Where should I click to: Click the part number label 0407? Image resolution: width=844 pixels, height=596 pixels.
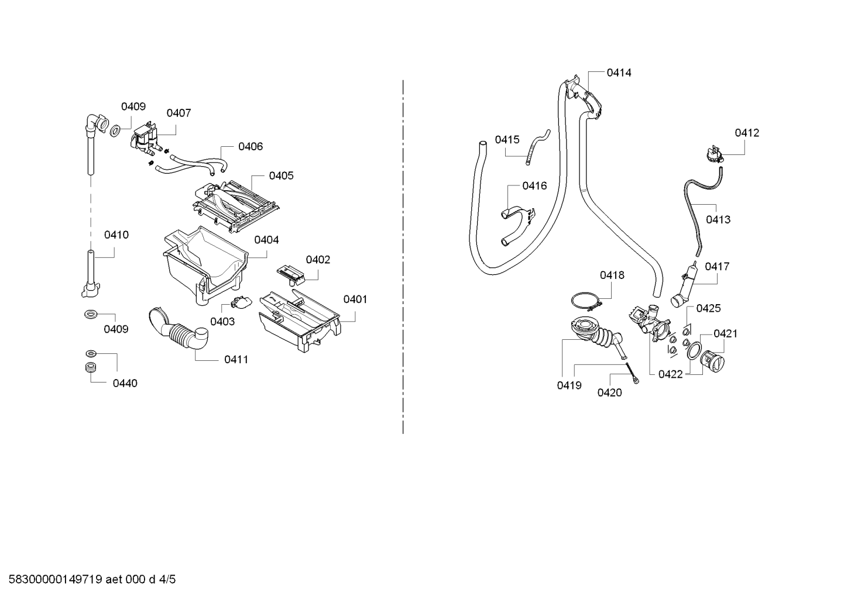tap(179, 113)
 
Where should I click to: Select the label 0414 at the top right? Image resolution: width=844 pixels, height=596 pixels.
tap(619, 73)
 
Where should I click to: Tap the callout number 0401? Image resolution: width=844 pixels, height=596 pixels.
tap(355, 299)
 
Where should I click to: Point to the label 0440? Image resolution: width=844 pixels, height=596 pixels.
tap(125, 383)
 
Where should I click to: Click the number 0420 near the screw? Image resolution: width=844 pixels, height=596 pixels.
tap(610, 392)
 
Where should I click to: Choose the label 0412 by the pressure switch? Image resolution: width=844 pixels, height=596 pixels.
tap(747, 133)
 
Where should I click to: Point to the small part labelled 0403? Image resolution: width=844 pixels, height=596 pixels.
tap(241, 302)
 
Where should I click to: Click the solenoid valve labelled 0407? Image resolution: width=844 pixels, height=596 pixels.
tap(146, 139)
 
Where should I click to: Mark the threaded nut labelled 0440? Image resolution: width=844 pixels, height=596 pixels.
tap(90, 367)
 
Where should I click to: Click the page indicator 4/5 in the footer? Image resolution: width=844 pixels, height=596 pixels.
tap(167, 579)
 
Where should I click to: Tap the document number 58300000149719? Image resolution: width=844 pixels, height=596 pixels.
tap(56, 579)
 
